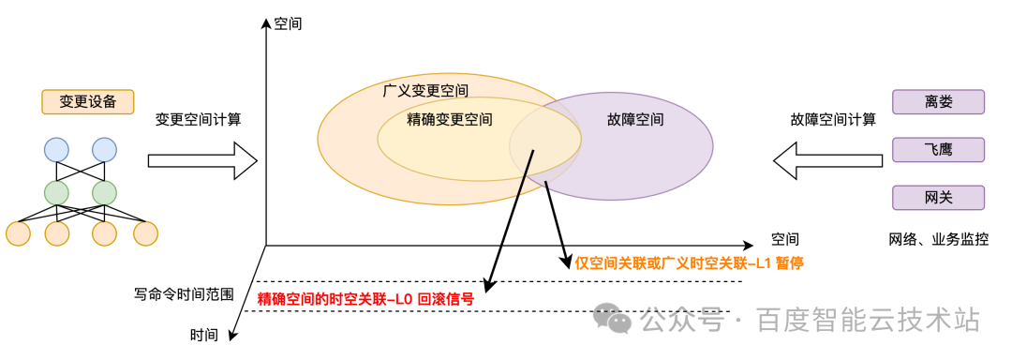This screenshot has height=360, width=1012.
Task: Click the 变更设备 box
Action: click(87, 101)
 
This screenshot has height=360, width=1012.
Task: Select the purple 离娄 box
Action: click(938, 101)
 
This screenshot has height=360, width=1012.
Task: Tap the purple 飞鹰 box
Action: click(938, 149)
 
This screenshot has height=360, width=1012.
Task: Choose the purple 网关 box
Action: click(938, 197)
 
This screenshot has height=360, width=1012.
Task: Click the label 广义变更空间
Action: click(426, 91)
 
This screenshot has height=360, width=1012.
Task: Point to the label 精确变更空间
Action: click(450, 120)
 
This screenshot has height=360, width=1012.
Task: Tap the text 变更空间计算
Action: click(199, 119)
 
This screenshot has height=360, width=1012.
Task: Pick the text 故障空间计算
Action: click(833, 119)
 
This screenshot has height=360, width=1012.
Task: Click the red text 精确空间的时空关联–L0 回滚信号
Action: click(365, 300)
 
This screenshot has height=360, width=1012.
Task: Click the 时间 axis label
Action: click(204, 335)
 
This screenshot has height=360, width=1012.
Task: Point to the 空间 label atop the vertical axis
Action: click(288, 22)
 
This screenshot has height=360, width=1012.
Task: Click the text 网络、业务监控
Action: click(938, 238)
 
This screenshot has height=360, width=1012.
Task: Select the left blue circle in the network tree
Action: click(56, 149)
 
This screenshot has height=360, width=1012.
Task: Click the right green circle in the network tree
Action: click(104, 192)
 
